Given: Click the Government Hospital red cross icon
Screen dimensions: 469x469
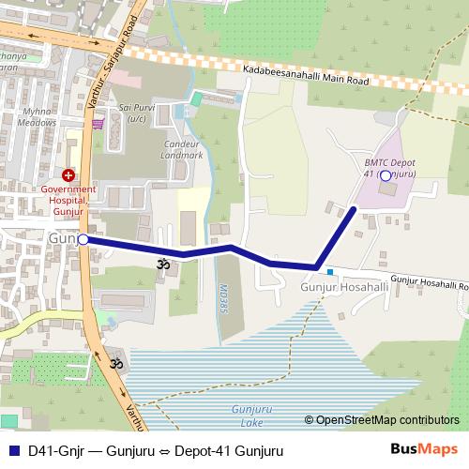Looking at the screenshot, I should click(68, 175).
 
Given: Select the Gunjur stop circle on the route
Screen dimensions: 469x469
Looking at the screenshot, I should click(83, 240).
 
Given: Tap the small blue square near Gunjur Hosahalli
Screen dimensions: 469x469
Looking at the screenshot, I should click(330, 272).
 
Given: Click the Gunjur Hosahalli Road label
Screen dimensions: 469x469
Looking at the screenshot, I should click(429, 280).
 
